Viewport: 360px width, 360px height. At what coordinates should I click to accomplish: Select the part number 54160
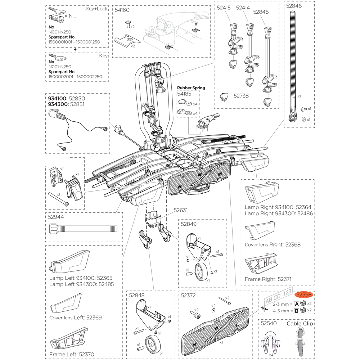[x=122, y=10]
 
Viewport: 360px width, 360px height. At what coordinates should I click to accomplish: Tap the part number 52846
[x=294, y=6]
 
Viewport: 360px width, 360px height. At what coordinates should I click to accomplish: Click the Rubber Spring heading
[x=191, y=87]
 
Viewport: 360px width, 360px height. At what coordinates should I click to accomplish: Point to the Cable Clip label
[x=300, y=324]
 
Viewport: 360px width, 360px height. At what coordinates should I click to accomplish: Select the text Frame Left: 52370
[x=72, y=354]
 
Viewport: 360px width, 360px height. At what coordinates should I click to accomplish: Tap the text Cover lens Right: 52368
[x=273, y=244]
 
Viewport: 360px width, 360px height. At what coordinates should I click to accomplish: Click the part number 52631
[x=181, y=210]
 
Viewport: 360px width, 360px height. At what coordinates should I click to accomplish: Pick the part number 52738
[x=241, y=96]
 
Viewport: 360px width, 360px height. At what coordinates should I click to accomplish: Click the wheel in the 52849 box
[x=200, y=272]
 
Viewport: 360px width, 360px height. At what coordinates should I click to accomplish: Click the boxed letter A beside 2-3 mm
[x=297, y=303]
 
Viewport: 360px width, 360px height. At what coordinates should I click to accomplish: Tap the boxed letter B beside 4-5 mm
[x=297, y=310]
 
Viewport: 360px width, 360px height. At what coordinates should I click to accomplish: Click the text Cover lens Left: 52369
[x=75, y=318]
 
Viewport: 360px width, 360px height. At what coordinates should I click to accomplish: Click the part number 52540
[x=269, y=324]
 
